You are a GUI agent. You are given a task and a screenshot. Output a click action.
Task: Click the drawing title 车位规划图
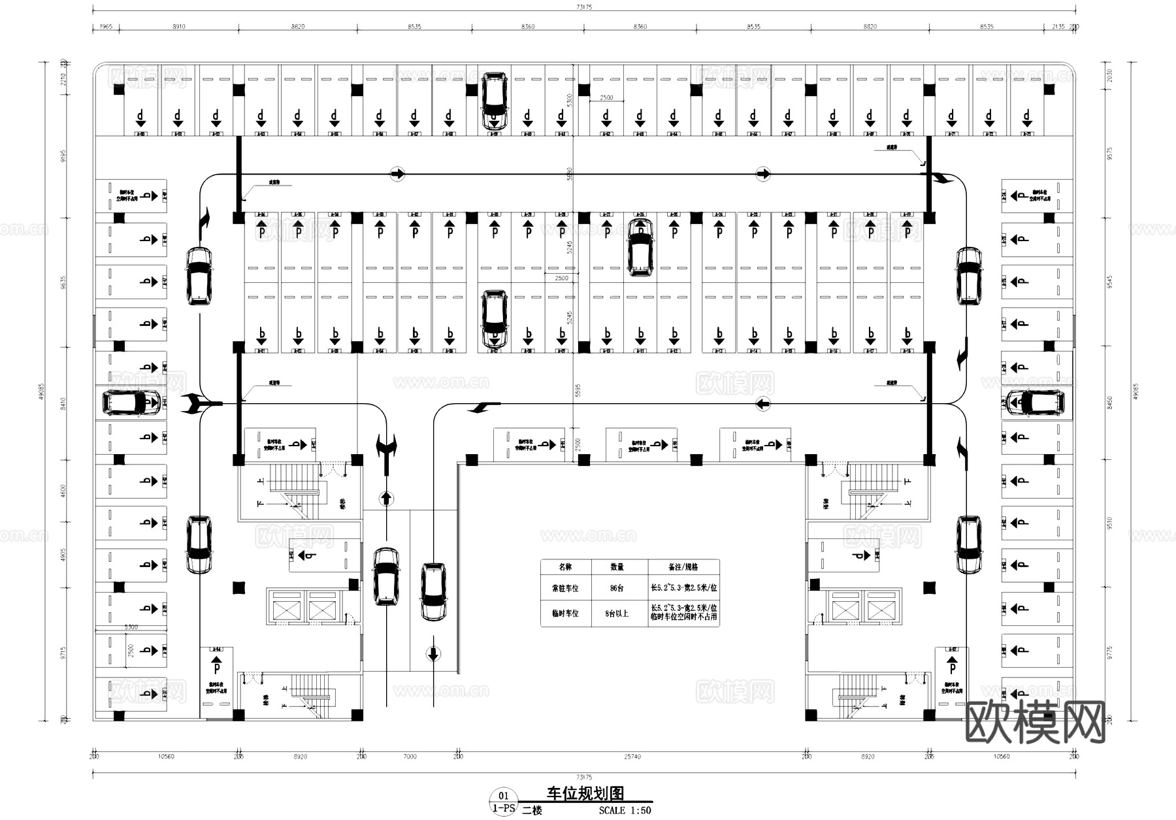(x=585, y=793)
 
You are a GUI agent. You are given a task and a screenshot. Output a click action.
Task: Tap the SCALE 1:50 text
(x=625, y=811)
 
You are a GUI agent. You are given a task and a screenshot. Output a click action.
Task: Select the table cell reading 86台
(x=616, y=588)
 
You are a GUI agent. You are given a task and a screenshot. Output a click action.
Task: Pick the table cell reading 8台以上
(x=616, y=614)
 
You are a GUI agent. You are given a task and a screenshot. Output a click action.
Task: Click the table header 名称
(x=565, y=567)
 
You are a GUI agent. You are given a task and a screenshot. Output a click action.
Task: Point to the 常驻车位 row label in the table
(x=565, y=588)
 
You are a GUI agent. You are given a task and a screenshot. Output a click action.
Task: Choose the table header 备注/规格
(x=683, y=567)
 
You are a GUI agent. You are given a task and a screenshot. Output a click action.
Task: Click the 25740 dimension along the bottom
(x=632, y=757)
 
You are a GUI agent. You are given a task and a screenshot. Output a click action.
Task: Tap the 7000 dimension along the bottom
(x=410, y=757)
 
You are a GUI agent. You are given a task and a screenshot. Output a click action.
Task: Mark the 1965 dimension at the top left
(x=106, y=27)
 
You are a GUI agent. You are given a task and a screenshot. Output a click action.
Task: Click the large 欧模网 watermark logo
(x=1035, y=723)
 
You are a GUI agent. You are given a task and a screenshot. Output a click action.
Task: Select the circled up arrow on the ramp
(x=386, y=499)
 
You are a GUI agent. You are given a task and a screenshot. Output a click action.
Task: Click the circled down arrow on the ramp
(x=433, y=653)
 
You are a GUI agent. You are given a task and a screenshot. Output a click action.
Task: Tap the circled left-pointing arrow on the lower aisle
(x=762, y=404)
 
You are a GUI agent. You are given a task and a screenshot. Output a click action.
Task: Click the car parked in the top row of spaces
(x=495, y=100)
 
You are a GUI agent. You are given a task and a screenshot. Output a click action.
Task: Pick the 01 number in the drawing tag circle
(x=503, y=796)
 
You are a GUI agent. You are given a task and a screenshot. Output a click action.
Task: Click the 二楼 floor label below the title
(x=532, y=811)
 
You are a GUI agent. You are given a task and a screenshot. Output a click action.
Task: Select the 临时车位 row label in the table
(x=565, y=614)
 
